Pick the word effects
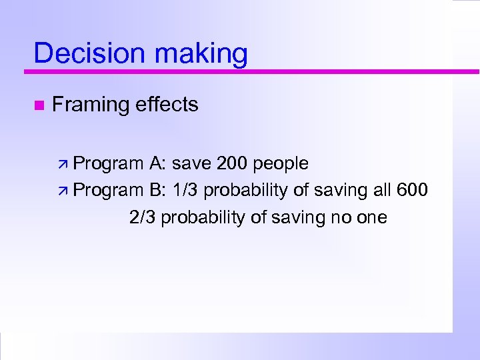pos(166,104)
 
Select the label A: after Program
pos(158,163)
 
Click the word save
pos(191,163)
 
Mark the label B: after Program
pos(158,190)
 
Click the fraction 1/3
pos(185,190)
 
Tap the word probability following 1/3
pos(246,191)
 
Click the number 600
pos(412,190)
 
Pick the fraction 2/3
pos(143,217)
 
